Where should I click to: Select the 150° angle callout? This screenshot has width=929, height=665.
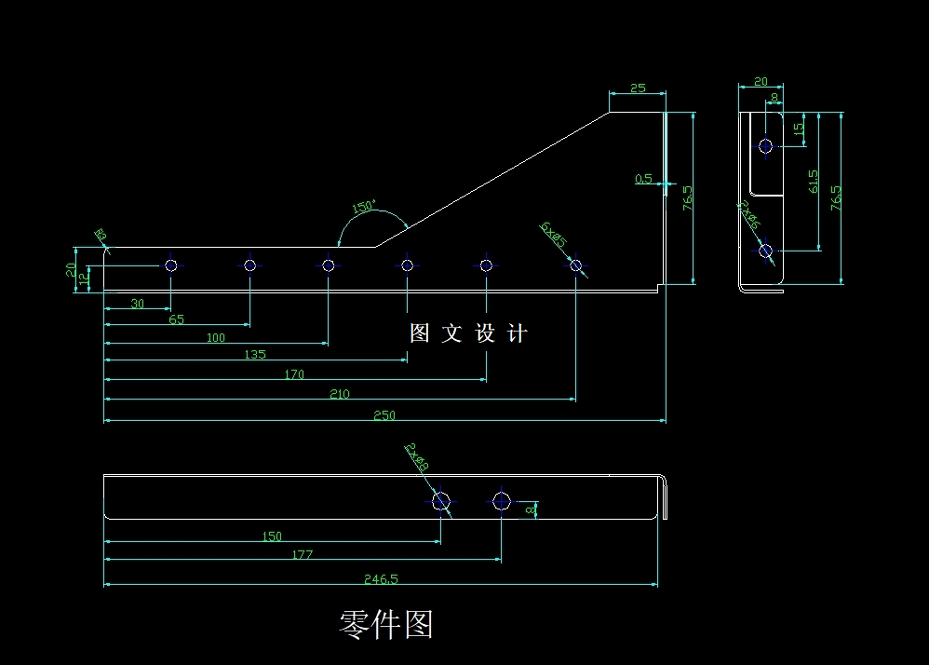(x=363, y=207)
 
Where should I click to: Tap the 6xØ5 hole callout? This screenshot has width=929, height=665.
(x=553, y=234)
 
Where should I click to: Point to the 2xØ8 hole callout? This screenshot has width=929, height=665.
(x=416, y=457)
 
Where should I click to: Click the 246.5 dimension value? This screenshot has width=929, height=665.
(x=381, y=578)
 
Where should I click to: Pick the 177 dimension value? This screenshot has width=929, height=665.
(x=302, y=554)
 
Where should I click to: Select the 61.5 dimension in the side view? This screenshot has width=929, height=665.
(x=815, y=181)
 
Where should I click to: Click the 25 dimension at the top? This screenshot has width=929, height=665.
(x=638, y=88)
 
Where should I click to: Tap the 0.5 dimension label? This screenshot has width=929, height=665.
(x=643, y=179)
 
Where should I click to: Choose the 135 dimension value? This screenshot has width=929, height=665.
(x=254, y=354)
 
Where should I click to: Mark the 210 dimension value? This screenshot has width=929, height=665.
(x=340, y=394)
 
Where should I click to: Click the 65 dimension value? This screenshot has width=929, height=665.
(x=176, y=319)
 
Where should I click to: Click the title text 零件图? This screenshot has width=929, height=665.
(x=385, y=625)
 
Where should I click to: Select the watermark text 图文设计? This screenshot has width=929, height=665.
(x=468, y=333)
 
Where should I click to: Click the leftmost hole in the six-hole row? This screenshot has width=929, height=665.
(x=171, y=265)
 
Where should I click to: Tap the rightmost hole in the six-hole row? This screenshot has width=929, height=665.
(x=576, y=265)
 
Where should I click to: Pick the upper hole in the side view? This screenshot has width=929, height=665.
(x=765, y=145)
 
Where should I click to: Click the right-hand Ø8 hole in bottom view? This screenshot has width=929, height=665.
(x=502, y=501)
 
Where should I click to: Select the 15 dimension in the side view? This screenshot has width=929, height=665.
(x=799, y=129)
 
